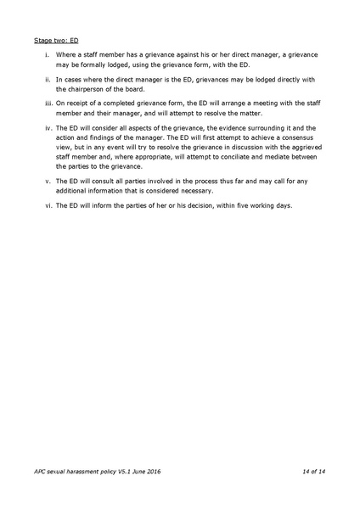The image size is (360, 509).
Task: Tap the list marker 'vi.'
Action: tap(50, 204)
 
